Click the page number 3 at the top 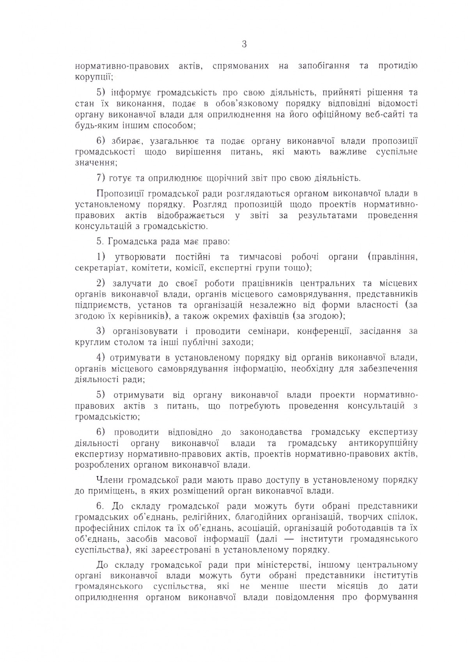coord(244,44)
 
